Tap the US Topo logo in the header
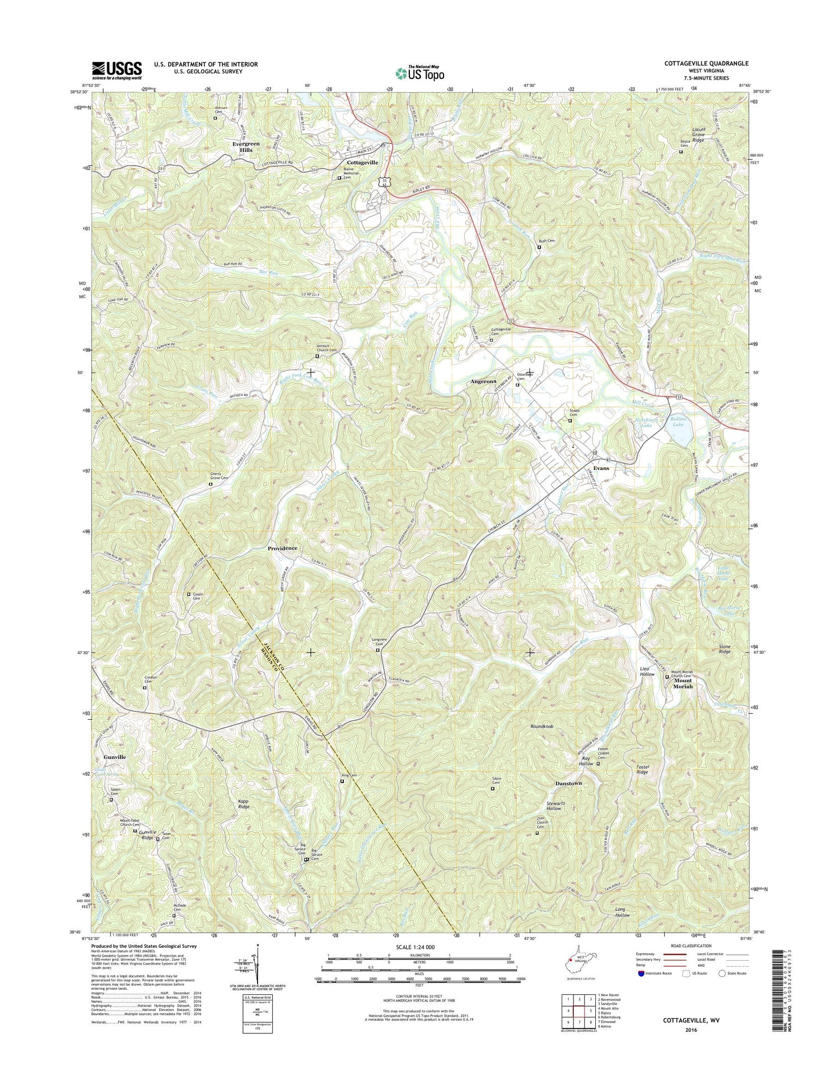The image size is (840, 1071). click(x=420, y=72)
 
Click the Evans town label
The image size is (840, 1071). click(x=601, y=468)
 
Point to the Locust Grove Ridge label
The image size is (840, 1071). click(x=698, y=134)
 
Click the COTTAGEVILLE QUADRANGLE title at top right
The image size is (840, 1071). click(x=703, y=64)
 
